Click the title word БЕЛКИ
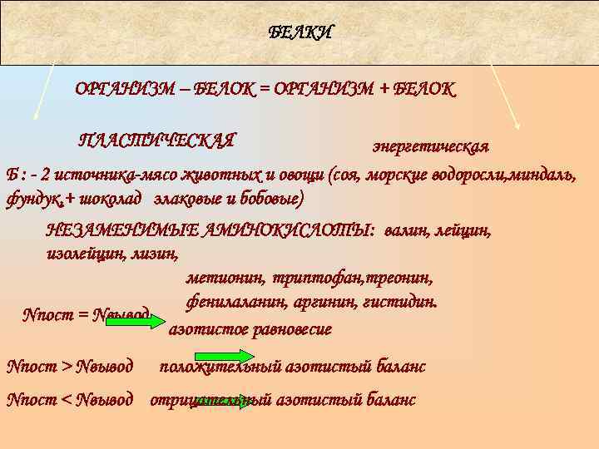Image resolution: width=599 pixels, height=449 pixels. coord(300,32)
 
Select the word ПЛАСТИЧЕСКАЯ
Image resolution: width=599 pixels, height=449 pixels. coord(156,139)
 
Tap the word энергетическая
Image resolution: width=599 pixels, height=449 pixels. coord(429,146)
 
